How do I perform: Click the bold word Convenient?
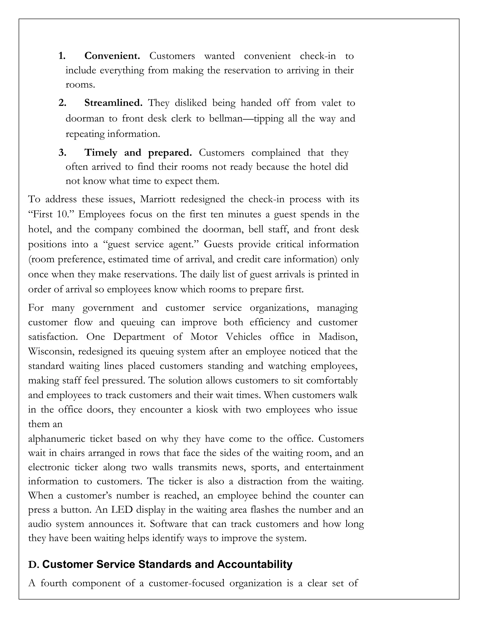(112, 56)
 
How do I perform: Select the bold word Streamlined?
(113, 103)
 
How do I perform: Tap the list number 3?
(62, 153)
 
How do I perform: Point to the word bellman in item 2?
(226, 118)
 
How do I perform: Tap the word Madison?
(338, 337)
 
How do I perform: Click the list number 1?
(62, 56)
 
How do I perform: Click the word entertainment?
(334, 467)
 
